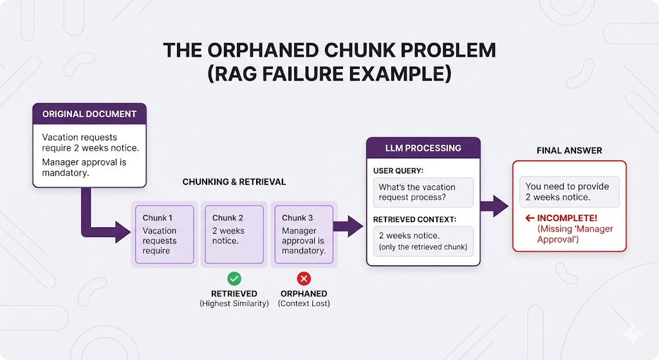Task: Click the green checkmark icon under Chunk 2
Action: (234, 278)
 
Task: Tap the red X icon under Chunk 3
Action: (304, 278)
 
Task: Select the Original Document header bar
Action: (89, 114)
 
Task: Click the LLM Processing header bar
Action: (423, 148)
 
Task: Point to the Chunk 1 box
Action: (164, 234)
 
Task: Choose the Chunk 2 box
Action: (234, 234)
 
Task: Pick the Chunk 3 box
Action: (304, 234)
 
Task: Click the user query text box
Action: (423, 192)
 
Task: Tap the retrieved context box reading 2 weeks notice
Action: (423, 241)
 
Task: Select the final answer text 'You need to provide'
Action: (567, 186)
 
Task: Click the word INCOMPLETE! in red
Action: (567, 218)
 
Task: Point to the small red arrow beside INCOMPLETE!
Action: (530, 218)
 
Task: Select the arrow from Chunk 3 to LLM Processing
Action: (348, 226)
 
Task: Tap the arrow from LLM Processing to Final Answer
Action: (494, 206)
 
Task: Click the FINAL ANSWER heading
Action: (569, 151)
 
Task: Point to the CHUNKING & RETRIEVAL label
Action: (234, 182)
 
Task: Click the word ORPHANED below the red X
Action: (304, 294)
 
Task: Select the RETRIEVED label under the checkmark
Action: (234, 294)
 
